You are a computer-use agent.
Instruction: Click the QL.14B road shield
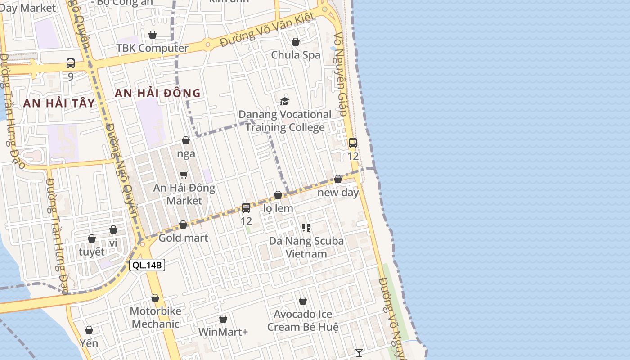coord(147,265)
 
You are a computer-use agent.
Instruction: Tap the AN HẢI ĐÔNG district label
coord(157,93)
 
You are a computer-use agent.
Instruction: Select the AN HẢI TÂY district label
coord(59,103)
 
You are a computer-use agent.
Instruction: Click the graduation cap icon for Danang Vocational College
coord(284,101)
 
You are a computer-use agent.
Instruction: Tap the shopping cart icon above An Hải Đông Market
coord(184,175)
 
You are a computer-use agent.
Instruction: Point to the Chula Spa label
coord(296,55)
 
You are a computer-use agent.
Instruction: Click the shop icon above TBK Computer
coord(153,35)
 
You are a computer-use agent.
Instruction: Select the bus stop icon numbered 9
coord(71,63)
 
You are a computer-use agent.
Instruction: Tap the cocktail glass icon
coord(359,352)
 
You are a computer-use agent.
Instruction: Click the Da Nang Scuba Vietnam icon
coord(306,228)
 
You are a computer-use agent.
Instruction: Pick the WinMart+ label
coord(223,332)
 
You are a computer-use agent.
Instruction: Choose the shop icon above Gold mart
coord(183,225)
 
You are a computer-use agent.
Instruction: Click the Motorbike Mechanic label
coord(156,317)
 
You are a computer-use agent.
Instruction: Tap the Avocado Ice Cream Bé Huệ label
coord(303,320)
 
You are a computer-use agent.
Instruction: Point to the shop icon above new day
coord(338,179)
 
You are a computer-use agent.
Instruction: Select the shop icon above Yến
coord(89,330)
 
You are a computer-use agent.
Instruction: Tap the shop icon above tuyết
coord(92,238)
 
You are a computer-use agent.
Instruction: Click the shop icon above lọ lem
coord(278,195)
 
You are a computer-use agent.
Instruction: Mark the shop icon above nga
coord(186,140)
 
